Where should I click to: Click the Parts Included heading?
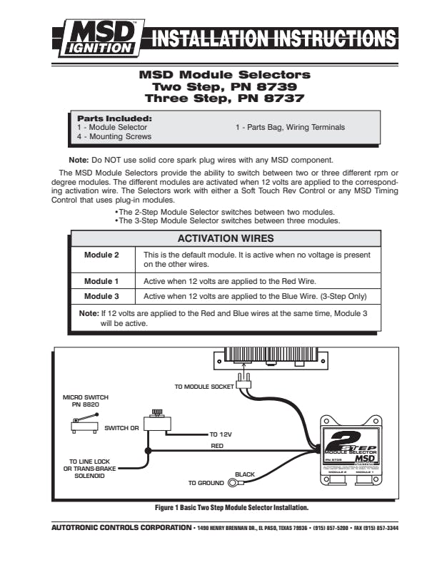[x=114, y=118]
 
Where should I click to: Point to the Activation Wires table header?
[x=225, y=238]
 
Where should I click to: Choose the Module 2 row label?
[x=101, y=255]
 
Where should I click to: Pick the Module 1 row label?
[x=101, y=281]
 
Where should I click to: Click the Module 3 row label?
[x=101, y=295]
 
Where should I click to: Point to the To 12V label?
[x=222, y=434]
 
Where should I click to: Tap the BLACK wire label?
[x=245, y=474]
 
